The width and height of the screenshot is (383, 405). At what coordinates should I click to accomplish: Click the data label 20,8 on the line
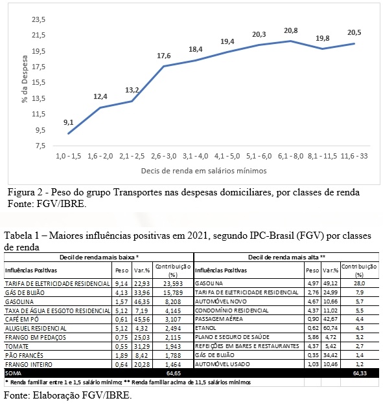coord(290,31)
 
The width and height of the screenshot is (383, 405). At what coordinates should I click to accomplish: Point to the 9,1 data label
coord(69,122)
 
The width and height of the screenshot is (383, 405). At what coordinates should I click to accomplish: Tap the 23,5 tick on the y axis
coord(38,19)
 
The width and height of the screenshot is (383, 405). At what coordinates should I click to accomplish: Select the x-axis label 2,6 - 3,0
coord(163,156)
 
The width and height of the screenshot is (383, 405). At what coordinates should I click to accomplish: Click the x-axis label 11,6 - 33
coord(354,156)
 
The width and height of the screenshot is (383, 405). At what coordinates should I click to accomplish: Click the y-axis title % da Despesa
coord(25,79)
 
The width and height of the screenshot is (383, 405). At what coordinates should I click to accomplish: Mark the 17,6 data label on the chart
coord(164,56)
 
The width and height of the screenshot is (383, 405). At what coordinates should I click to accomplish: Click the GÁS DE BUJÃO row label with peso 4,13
coord(25,292)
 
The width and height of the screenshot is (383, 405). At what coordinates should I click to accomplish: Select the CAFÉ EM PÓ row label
coord(22,320)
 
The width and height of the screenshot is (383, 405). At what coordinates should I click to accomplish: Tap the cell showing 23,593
coord(173,283)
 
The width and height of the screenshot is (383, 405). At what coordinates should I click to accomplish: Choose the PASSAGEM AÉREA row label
coord(219,319)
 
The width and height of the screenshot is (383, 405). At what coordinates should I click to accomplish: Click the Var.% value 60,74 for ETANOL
coord(331,328)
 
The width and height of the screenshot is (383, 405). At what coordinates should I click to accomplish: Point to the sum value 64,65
coord(174,373)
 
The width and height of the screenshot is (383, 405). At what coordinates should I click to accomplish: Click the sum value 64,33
coord(360,373)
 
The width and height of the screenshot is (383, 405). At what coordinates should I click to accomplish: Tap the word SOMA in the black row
coord(13,373)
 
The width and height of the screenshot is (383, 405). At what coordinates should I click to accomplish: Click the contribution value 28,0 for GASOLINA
coord(360,283)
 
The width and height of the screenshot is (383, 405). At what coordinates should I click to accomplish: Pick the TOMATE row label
coord(17,346)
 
